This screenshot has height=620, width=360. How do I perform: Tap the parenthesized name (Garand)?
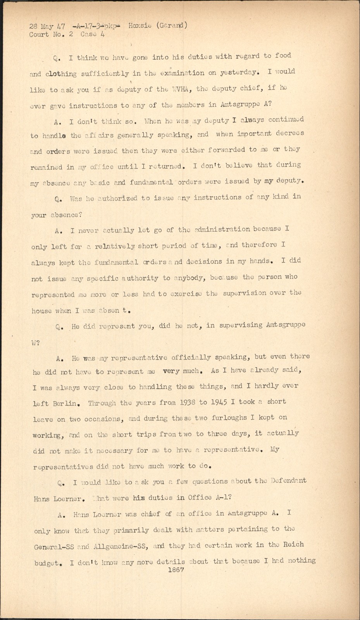(x=172, y=26)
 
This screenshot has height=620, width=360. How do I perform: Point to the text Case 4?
(x=93, y=34)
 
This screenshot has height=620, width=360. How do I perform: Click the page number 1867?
(x=176, y=570)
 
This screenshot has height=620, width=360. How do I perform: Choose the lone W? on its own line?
(x=35, y=343)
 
